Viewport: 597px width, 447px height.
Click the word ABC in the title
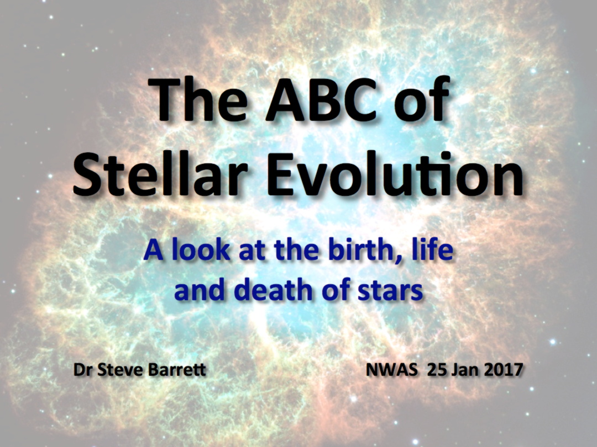(x=322, y=99)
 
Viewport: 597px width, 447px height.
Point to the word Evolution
(x=395, y=174)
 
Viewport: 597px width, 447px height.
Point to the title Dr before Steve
(x=83, y=369)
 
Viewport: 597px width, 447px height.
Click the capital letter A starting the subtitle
(x=154, y=250)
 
